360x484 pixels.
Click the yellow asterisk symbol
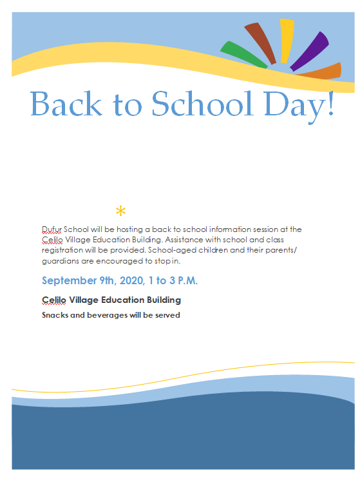(120, 211)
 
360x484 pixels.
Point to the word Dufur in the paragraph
(52, 229)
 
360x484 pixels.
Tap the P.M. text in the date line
(185, 281)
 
